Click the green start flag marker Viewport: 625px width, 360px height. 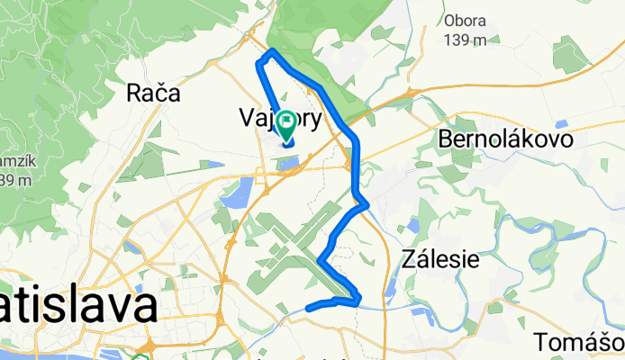pyautogui.click(x=287, y=122)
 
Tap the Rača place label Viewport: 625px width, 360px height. pyautogui.click(x=154, y=93)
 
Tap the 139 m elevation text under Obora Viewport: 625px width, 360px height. pyautogui.click(x=466, y=40)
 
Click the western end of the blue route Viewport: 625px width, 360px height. pyautogui.click(x=309, y=308)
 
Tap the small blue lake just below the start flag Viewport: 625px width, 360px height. pyautogui.click(x=290, y=163)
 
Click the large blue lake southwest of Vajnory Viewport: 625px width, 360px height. pyautogui.click(x=240, y=191)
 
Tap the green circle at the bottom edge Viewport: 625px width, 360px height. pyautogui.click(x=140, y=357)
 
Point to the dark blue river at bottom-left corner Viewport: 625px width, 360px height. pyautogui.click(x=108, y=352)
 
